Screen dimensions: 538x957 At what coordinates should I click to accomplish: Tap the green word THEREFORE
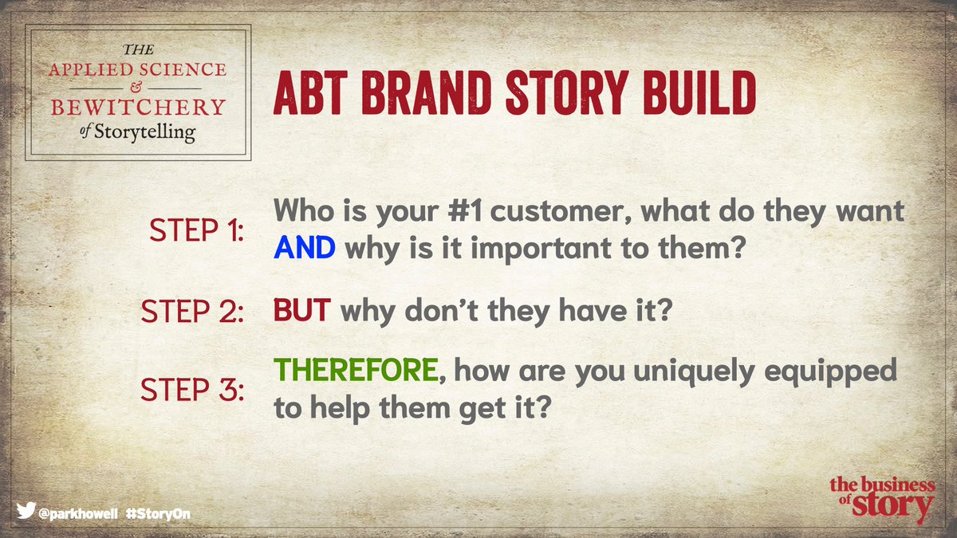click(x=356, y=371)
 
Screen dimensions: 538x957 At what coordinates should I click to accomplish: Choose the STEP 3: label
click(x=192, y=390)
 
